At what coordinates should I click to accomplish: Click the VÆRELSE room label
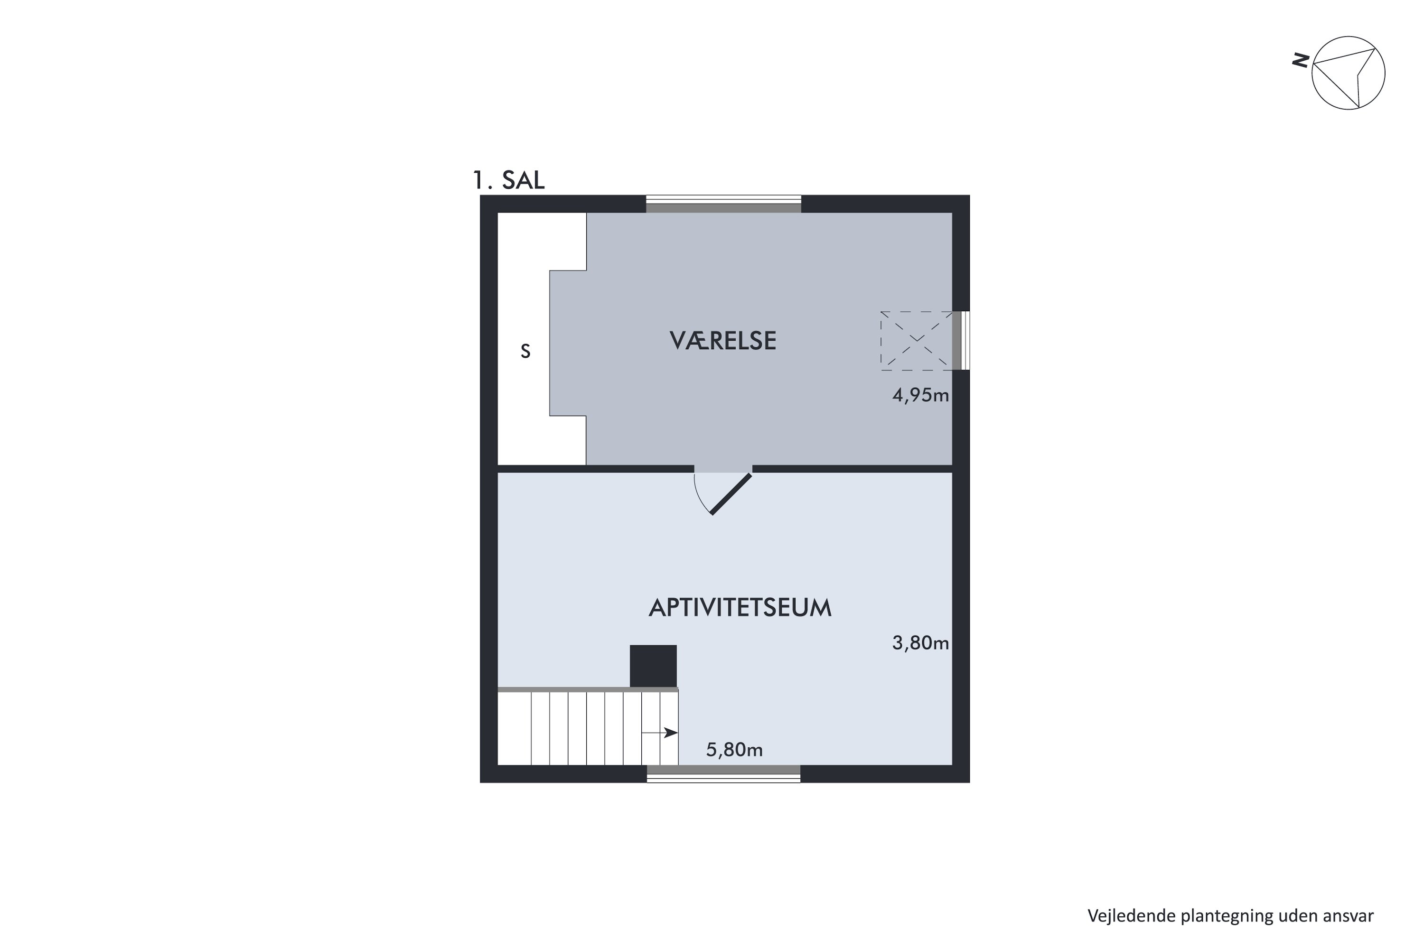(x=723, y=341)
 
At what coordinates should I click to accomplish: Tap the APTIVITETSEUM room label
(x=740, y=608)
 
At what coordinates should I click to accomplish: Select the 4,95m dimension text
(x=920, y=395)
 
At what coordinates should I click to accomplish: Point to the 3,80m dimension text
(x=920, y=643)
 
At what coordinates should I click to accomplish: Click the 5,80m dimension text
(x=734, y=750)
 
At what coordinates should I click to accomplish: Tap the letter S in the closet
(x=525, y=352)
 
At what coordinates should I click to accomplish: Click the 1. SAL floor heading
(x=508, y=180)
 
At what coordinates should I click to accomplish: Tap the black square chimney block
(x=653, y=666)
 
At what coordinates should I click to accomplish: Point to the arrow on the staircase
(x=659, y=733)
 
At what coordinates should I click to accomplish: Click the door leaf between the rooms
(x=731, y=494)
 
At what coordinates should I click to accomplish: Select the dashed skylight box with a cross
(x=917, y=340)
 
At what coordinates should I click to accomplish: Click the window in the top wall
(x=723, y=204)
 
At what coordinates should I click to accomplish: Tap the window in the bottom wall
(x=723, y=774)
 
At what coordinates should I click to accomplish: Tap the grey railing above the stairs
(x=588, y=689)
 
